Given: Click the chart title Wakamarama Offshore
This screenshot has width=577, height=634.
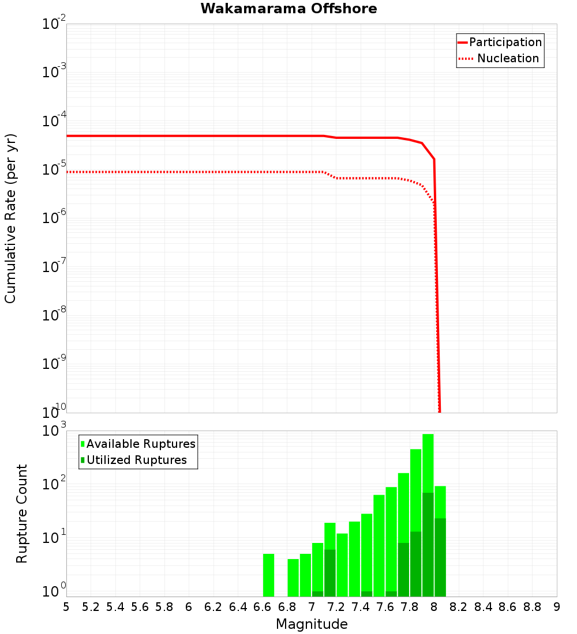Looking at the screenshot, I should [288, 9].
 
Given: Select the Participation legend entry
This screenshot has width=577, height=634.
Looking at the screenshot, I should [505, 43].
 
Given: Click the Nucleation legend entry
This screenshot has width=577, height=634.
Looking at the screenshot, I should [507, 59].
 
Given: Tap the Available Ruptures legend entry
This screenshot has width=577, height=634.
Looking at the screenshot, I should [141, 444].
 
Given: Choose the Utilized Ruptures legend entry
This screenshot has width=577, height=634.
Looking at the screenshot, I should [136, 461].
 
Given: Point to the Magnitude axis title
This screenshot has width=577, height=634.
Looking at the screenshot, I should [312, 624].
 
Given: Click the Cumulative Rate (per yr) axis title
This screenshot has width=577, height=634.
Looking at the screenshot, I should [10, 218].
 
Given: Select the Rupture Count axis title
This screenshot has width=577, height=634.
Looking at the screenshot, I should [22, 514].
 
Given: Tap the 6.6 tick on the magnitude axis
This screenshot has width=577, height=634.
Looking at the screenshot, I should [262, 607].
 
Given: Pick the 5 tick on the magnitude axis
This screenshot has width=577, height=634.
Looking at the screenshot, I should [66, 607].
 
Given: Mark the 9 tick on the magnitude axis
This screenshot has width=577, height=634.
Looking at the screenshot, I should [557, 607].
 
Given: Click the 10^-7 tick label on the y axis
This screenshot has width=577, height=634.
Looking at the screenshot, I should [54, 267].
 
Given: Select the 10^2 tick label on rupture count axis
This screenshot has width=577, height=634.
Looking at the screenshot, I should [54, 484].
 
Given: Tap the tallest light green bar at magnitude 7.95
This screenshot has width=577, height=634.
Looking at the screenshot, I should [428, 461].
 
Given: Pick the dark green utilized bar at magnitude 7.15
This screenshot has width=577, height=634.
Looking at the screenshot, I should [330, 573].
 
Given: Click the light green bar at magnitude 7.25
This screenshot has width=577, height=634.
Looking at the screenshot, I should [342, 565].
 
